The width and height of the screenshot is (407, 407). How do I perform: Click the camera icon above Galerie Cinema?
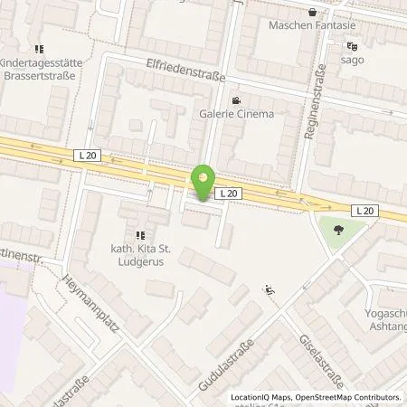235,101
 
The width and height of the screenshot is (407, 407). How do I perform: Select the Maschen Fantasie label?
309,24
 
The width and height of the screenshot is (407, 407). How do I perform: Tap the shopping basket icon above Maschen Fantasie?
312,11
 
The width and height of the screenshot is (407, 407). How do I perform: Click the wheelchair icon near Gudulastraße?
269,290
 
